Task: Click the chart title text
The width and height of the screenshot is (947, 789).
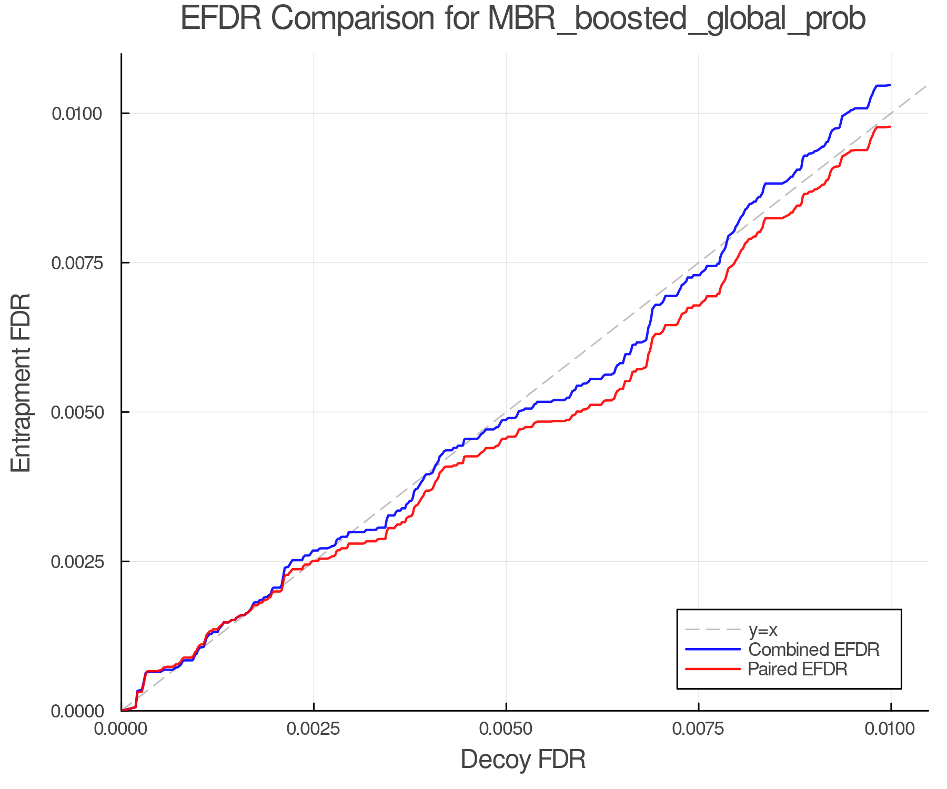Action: [x=523, y=19]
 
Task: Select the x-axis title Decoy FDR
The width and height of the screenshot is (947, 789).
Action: [x=523, y=760]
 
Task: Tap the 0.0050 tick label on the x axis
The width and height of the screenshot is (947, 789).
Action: [x=506, y=729]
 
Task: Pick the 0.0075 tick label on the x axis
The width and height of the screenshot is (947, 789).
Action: [x=698, y=729]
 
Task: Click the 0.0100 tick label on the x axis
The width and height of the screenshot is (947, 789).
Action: [x=890, y=729]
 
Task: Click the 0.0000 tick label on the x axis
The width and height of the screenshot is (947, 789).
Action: [x=122, y=729]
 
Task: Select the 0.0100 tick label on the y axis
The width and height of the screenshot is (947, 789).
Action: [x=77, y=113]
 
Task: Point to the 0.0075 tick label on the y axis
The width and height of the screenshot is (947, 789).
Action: [x=77, y=262]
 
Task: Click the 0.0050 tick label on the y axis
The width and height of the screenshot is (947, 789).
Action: [x=77, y=412]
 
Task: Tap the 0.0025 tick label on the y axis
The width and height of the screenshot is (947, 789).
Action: [x=77, y=561]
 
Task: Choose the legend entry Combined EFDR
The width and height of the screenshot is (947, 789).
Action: [x=813, y=650]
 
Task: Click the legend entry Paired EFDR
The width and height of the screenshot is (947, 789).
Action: [x=798, y=669]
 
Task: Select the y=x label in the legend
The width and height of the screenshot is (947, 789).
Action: [x=763, y=630]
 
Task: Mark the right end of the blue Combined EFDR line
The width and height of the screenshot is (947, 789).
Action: [x=890, y=85]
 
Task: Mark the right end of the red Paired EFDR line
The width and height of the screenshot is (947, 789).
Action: [x=890, y=127]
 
